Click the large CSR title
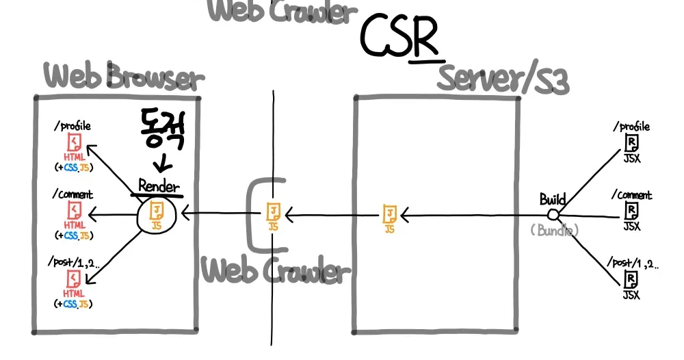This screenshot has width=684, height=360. [399, 37]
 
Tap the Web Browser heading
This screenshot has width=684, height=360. [124, 77]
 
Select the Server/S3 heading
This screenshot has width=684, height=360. [503, 79]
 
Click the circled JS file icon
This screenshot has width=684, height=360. [157, 215]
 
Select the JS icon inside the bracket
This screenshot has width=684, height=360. [273, 214]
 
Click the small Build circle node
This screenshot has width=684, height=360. [553, 216]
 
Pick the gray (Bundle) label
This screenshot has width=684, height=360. [553, 231]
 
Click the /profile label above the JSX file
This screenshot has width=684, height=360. [631, 127]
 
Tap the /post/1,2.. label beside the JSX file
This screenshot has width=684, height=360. [631, 263]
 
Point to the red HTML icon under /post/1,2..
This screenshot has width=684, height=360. [73, 279]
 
